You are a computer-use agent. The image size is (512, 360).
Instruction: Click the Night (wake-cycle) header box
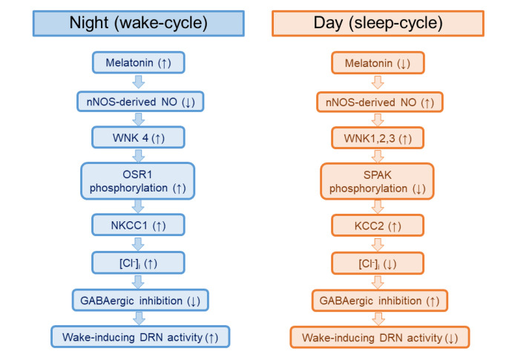pos(139,23)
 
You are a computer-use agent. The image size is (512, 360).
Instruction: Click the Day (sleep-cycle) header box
pos(378,23)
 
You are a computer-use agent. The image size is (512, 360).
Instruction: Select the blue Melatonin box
pos(139,62)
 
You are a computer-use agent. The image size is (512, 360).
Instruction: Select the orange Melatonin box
pos(378,63)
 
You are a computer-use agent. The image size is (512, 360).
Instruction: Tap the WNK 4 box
pos(139,137)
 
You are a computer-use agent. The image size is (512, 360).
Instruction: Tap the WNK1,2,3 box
pos(378,138)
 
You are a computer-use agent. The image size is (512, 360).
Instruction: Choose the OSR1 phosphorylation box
pos(138,181)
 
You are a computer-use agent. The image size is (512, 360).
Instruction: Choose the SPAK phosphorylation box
pos(378,181)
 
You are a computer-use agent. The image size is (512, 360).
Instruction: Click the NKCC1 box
pos(139,225)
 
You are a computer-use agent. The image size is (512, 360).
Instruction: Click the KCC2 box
pos(378,226)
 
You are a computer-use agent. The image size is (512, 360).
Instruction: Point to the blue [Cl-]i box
pos(139,263)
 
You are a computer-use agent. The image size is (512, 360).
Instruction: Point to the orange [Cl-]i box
pos(378,264)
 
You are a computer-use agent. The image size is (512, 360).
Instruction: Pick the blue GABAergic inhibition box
pos(140,300)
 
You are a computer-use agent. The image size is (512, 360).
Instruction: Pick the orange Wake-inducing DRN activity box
pos(380,338)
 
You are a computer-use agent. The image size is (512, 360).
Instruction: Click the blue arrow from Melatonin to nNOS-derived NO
pos(139,82)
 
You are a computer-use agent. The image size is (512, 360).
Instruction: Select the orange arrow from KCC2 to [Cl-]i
pos(378,245)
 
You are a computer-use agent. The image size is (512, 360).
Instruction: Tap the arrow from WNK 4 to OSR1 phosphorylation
pos(139,156)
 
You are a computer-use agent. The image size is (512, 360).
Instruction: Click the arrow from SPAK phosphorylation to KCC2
pos(378,207)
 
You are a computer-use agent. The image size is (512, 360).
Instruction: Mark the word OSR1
pos(137,174)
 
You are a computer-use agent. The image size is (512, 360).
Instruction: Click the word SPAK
pos(378,175)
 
